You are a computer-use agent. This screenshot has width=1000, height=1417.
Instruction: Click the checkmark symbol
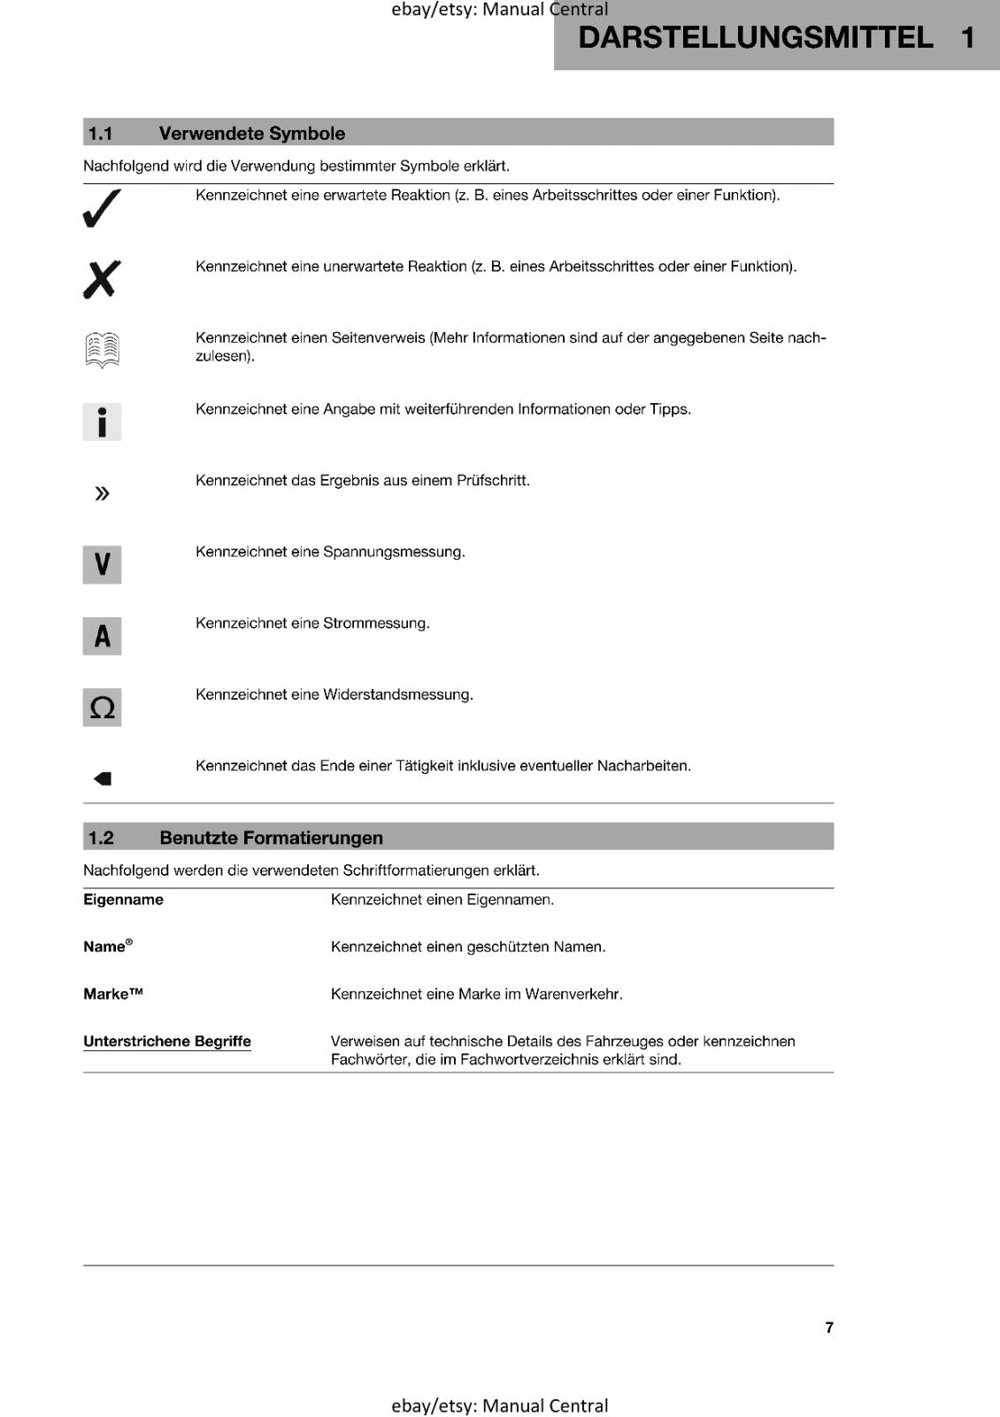pyautogui.click(x=102, y=208)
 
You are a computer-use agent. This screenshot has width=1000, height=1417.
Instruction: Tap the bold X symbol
pyautogui.click(x=102, y=280)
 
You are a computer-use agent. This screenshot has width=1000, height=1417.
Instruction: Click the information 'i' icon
pyautogui.click(x=102, y=422)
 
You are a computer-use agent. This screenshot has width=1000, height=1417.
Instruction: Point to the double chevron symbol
pyautogui.click(x=102, y=493)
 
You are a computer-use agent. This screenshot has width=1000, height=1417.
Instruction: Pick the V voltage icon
pyautogui.click(x=102, y=564)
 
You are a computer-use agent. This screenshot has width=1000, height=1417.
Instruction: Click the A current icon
pyautogui.click(x=102, y=636)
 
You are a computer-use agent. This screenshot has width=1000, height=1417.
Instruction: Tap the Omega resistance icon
pyautogui.click(x=102, y=708)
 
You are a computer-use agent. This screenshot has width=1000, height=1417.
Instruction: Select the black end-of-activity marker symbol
pyautogui.click(x=103, y=778)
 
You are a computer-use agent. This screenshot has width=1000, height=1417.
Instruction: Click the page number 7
pyautogui.click(x=829, y=1328)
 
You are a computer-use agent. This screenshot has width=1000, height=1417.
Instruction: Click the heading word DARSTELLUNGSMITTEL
pyautogui.click(x=755, y=37)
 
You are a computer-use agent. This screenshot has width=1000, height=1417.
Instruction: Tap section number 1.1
pyautogui.click(x=100, y=134)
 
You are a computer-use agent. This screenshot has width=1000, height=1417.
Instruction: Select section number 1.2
pyautogui.click(x=101, y=838)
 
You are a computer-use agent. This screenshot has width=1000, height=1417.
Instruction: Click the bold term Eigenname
pyautogui.click(x=123, y=900)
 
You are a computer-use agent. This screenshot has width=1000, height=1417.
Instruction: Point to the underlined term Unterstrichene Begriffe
pyautogui.click(x=167, y=1041)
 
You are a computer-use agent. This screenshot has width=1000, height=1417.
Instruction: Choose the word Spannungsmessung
pyautogui.click(x=394, y=552)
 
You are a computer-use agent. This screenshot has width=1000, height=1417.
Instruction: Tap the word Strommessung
pyautogui.click(x=376, y=623)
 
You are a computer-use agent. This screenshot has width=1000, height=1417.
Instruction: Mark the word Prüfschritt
pyautogui.click(x=493, y=481)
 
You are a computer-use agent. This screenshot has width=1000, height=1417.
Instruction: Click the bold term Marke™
pyautogui.click(x=113, y=994)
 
